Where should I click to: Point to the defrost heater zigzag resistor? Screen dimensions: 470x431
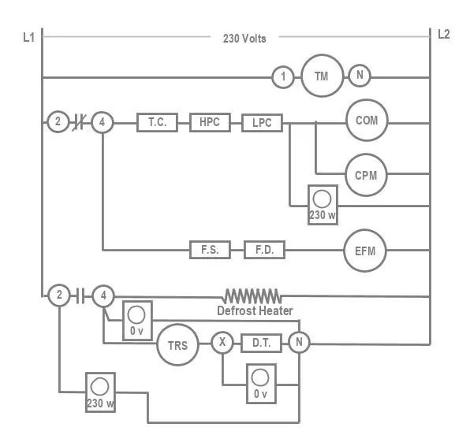coord(252,296)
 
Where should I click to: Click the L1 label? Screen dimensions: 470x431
coord(28,38)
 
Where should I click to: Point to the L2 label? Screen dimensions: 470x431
coord(444,34)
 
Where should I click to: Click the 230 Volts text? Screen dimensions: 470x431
coord(244,39)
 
